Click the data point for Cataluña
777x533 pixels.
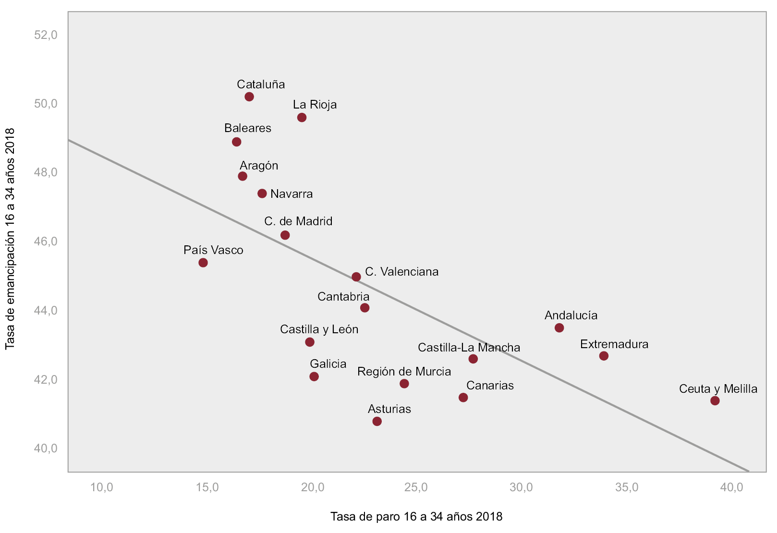(x=249, y=97)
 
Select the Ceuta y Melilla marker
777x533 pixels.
(x=715, y=400)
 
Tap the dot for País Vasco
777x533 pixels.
(x=203, y=263)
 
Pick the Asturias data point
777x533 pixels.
(x=377, y=421)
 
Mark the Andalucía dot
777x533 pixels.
(x=559, y=328)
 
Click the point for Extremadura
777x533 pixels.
(x=604, y=356)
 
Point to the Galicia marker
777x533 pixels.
(x=314, y=376)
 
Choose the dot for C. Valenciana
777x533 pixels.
(x=356, y=277)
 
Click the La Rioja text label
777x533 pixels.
(x=315, y=105)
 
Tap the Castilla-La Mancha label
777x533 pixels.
(x=469, y=348)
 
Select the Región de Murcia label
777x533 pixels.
(x=404, y=372)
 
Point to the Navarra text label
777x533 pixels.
(x=291, y=194)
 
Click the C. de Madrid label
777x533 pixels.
(x=298, y=221)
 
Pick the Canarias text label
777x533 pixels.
(x=490, y=386)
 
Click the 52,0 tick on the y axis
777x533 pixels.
(x=46, y=35)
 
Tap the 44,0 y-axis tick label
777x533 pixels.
(x=46, y=311)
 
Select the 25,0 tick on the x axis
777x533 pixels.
(x=416, y=487)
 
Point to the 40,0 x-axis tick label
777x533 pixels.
(x=731, y=487)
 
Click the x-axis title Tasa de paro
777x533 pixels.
(x=416, y=517)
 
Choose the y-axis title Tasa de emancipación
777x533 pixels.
(x=10, y=239)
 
